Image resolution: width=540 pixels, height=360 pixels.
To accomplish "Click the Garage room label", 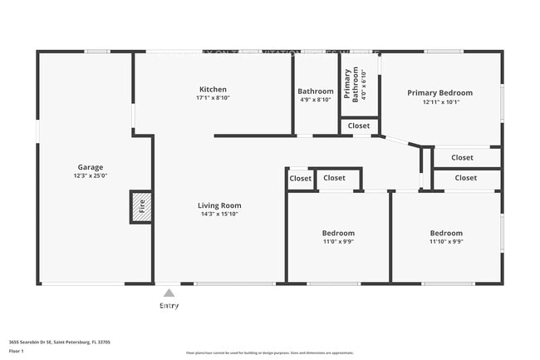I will tap(91, 167).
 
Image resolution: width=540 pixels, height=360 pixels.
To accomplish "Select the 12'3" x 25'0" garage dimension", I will tap(91, 176).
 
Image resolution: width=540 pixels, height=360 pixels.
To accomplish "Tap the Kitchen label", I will tap(213, 89).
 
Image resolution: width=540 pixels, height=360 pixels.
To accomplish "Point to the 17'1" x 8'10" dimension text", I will tap(213, 98).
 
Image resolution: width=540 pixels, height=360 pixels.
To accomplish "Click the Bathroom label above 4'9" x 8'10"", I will tap(316, 91).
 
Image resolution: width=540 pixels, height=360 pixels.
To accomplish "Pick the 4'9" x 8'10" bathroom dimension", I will tap(316, 100).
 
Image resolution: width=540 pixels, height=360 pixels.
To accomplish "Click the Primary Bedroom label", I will tap(439, 93).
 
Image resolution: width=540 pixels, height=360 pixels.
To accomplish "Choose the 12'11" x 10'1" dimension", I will tap(439, 102).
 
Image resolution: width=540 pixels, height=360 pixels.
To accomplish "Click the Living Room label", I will tap(219, 205).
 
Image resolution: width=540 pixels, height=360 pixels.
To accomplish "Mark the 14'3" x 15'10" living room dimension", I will tap(219, 215).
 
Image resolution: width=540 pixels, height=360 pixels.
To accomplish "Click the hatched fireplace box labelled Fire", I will tap(140, 207).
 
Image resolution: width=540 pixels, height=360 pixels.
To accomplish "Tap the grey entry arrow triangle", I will tap(169, 293).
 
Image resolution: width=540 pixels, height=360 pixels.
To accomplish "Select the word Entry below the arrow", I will tap(169, 305).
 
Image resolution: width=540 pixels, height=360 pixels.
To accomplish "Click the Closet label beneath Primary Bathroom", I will tap(359, 126).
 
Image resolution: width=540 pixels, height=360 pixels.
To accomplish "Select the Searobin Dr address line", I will tap(60, 342).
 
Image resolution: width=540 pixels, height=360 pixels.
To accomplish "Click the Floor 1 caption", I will tap(17, 350).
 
